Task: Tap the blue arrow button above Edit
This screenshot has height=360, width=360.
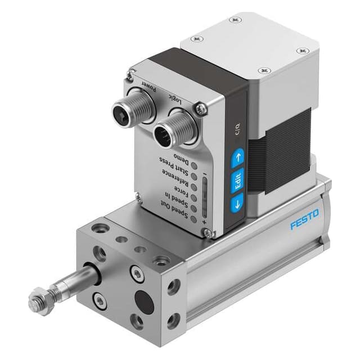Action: click(x=238, y=155)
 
